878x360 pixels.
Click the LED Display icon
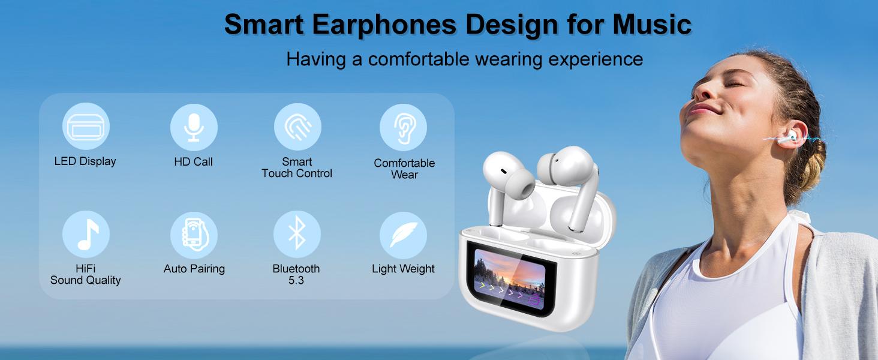(86, 127)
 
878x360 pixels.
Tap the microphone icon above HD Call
(193, 127)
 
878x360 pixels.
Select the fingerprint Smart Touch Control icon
(297, 127)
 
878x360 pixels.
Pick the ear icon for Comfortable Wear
(403, 127)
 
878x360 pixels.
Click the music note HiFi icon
(86, 234)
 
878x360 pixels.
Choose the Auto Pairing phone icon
(193, 234)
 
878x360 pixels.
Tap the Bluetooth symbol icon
(297, 234)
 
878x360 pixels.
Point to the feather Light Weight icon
(403, 235)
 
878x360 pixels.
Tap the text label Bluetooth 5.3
(296, 274)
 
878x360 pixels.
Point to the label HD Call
(193, 161)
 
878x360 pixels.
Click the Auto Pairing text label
(194, 269)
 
